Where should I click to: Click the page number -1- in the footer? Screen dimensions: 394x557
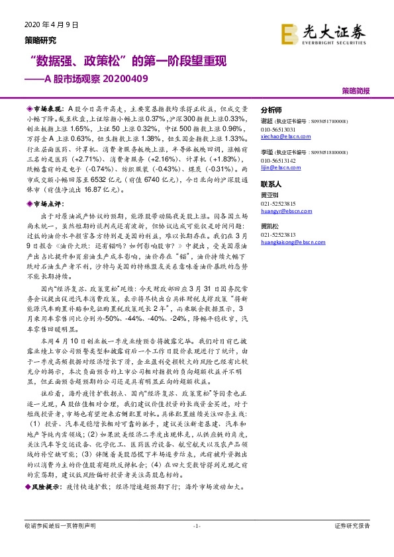click(x=196, y=526)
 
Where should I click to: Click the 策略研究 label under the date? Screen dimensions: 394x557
click(x=40, y=39)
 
